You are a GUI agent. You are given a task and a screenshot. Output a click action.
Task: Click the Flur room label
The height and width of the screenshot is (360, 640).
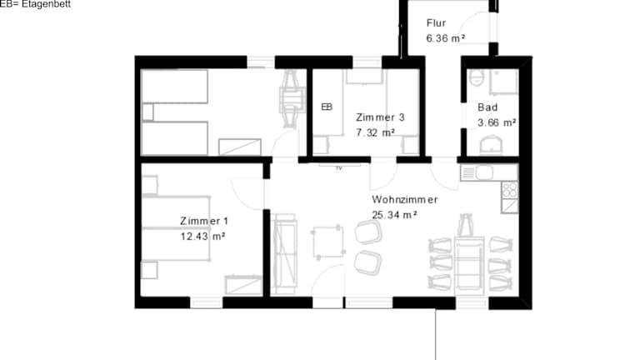click(436, 22)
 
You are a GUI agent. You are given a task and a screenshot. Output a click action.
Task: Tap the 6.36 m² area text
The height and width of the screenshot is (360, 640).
click(446, 38)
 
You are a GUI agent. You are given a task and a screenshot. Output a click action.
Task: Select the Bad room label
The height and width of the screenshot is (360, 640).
click(487, 107)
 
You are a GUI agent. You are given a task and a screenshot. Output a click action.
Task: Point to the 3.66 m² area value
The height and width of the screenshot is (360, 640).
click(497, 122)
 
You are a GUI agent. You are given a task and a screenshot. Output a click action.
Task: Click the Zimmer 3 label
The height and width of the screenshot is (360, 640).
click(380, 117)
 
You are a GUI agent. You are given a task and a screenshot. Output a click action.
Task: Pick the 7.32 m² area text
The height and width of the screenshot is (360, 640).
click(375, 132)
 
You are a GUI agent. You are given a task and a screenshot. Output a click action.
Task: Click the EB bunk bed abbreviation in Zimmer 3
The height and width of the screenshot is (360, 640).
click(327, 107)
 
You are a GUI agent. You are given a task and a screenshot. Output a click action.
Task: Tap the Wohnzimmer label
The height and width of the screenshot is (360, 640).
click(404, 200)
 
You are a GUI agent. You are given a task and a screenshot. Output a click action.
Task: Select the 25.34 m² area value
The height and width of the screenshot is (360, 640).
click(394, 215)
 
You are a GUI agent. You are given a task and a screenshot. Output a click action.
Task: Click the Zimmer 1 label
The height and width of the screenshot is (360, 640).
click(204, 221)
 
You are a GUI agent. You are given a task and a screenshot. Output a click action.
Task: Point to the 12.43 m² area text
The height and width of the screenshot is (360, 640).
click(202, 237)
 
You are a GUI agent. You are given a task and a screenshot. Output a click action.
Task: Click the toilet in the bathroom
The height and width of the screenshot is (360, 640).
click(477, 77)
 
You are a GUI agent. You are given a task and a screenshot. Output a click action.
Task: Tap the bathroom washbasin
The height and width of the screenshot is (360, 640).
click(492, 146)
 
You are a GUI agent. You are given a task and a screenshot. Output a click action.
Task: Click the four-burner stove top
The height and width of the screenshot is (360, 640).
click(510, 189)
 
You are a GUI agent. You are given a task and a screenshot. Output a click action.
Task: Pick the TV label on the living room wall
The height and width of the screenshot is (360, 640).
click(339, 167)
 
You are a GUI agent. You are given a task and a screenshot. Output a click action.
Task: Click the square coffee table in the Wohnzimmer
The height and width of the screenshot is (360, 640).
click(328, 242)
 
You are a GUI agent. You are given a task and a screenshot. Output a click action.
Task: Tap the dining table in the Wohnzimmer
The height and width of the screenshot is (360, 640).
click(469, 264)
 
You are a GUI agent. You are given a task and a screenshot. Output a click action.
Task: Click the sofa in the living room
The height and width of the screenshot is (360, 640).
click(284, 254)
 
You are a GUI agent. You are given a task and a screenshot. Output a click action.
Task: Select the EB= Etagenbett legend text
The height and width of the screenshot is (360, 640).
click(35, 4)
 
